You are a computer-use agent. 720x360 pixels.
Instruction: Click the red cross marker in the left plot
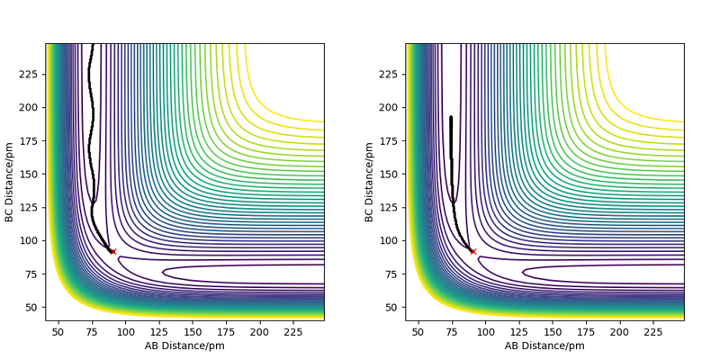click(112, 251)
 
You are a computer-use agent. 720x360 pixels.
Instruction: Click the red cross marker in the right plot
click(472, 251)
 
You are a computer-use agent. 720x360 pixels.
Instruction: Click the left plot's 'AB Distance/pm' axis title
click(184, 346)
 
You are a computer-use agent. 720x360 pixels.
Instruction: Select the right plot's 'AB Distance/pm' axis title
click(544, 346)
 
